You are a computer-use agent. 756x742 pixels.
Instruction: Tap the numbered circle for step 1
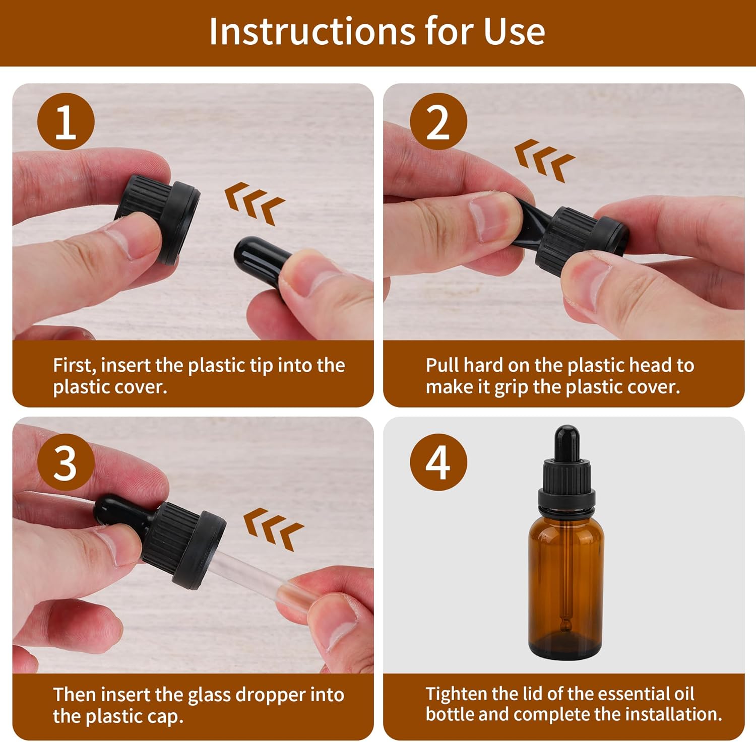[66, 121]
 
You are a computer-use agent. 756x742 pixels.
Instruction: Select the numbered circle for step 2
[438, 121]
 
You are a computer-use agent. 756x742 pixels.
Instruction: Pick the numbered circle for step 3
[66, 462]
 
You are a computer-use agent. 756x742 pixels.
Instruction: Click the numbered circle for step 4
[438, 462]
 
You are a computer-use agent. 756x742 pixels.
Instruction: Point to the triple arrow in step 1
[255, 203]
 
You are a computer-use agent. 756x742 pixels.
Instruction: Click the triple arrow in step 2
[544, 161]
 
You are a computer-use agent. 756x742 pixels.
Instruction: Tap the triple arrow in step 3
[273, 529]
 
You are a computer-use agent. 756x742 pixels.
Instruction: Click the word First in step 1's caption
[75, 365]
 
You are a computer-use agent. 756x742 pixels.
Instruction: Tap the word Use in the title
[514, 31]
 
